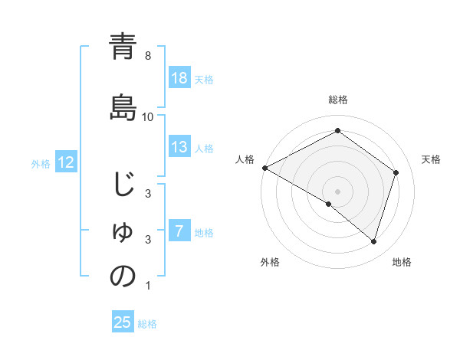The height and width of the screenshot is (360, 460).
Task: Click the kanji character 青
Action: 123,47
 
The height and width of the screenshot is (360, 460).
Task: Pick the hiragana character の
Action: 123,277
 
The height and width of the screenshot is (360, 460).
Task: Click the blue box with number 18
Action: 179,79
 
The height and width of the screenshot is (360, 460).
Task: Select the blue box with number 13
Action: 179,147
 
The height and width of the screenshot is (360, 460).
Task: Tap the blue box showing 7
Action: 179,231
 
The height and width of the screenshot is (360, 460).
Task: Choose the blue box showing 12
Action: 65,162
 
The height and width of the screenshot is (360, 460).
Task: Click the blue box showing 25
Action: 123,322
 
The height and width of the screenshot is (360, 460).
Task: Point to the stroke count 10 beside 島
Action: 148,117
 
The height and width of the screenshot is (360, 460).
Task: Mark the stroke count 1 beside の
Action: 148,286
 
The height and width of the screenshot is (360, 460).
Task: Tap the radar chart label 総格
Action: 337,100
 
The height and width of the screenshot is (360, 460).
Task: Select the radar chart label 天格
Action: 432,159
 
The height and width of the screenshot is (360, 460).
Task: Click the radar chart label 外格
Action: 270,262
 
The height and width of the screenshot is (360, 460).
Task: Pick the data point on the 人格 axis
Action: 264,167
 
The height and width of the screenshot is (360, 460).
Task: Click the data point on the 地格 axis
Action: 373,242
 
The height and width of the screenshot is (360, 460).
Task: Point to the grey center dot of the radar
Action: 337,191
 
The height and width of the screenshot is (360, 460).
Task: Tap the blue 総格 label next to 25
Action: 148,324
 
